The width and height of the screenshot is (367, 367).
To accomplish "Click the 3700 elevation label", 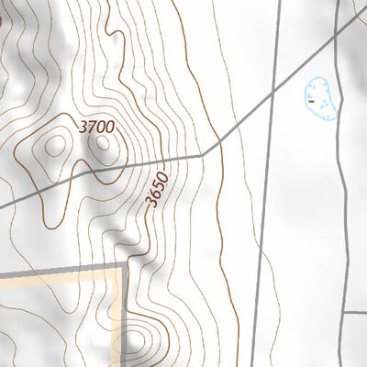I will coord(96,128).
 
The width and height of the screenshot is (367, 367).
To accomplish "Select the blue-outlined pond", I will coord(320,98).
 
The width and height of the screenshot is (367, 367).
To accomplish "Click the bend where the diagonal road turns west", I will coord(204,156).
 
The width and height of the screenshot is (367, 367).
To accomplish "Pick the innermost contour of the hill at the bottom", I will coord(137,340).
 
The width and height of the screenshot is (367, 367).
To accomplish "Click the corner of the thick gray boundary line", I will coord(123,266).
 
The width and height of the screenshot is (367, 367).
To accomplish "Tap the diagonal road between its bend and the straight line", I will coord(239,124).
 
